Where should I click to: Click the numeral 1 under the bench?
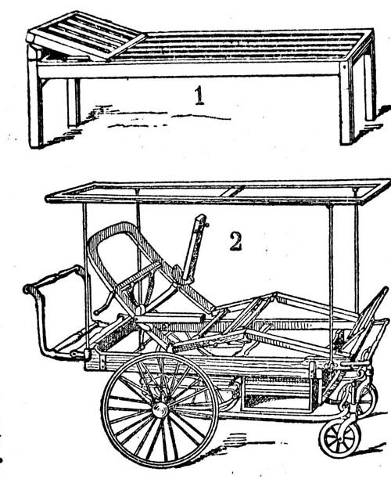coord(199,95)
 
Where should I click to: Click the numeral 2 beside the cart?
coord(235,241)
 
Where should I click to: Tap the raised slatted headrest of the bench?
coord(87,35)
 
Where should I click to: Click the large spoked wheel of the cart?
coord(160,410)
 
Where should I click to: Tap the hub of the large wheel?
coord(160,410)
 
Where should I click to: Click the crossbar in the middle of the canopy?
coord(235,191)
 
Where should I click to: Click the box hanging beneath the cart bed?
coord(278,394)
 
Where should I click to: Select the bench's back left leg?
coord(74,103)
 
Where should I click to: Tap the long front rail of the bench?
coord(189,70)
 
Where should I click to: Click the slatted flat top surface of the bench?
coord(244,46)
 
